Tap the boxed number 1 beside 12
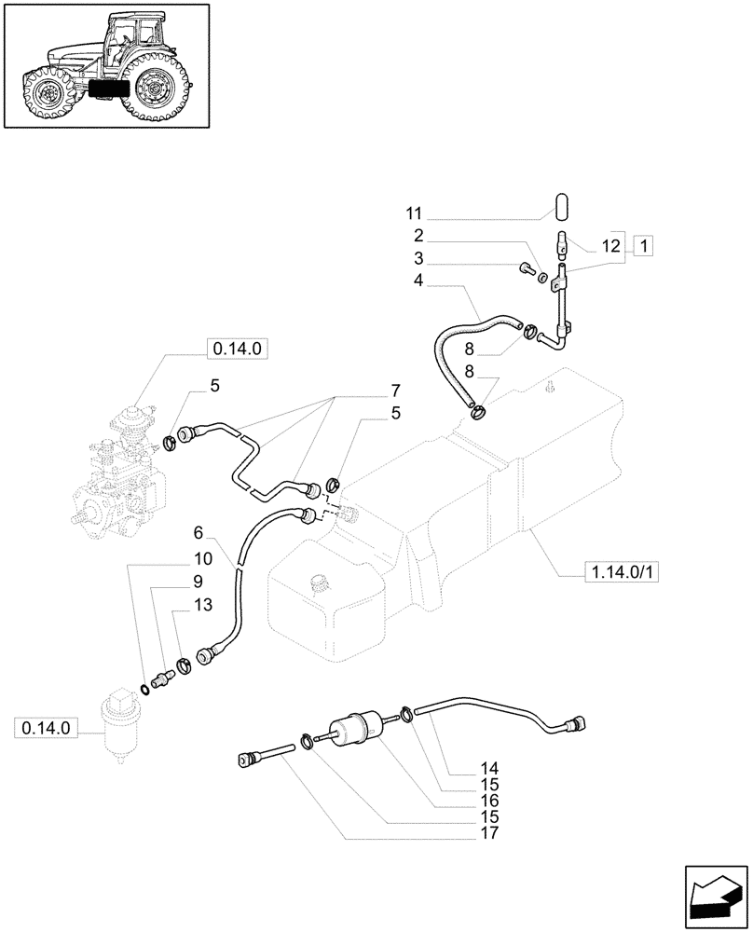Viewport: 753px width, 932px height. point(643,246)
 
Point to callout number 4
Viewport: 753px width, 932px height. point(419,279)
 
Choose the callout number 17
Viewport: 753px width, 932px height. point(489,833)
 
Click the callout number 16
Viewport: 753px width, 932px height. point(489,801)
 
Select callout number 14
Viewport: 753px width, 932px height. point(489,769)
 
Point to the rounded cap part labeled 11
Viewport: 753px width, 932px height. point(561,204)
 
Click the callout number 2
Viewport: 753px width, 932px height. point(419,235)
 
